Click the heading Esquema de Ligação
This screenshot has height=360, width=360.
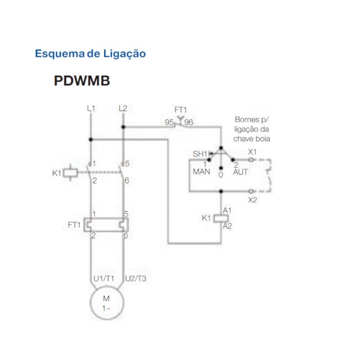coord(90,54)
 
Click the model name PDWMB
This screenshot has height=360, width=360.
coord(82,81)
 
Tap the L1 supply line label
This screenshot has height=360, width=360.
coord(91,109)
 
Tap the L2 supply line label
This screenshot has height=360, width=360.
coord(123,109)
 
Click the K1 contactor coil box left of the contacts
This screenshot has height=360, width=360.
coord(71,173)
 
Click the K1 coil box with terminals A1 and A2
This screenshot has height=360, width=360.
coord(222,218)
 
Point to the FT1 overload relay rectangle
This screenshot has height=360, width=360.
coord(106,225)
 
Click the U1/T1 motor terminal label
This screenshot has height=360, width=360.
coord(104,279)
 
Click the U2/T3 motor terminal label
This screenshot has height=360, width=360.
coord(136,279)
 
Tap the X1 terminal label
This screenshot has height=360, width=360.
coord(253,152)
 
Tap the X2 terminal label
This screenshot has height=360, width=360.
coord(253,199)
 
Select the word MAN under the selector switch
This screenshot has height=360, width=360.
coord(202,172)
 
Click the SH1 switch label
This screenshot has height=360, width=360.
coord(199,154)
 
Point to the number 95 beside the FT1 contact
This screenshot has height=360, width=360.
coord(169,123)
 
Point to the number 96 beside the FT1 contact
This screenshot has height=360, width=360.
coord(189,123)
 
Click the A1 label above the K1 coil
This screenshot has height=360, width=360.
coord(227,210)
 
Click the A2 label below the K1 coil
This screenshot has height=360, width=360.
coord(227,226)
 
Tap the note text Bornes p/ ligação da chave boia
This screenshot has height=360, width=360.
coord(252,129)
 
